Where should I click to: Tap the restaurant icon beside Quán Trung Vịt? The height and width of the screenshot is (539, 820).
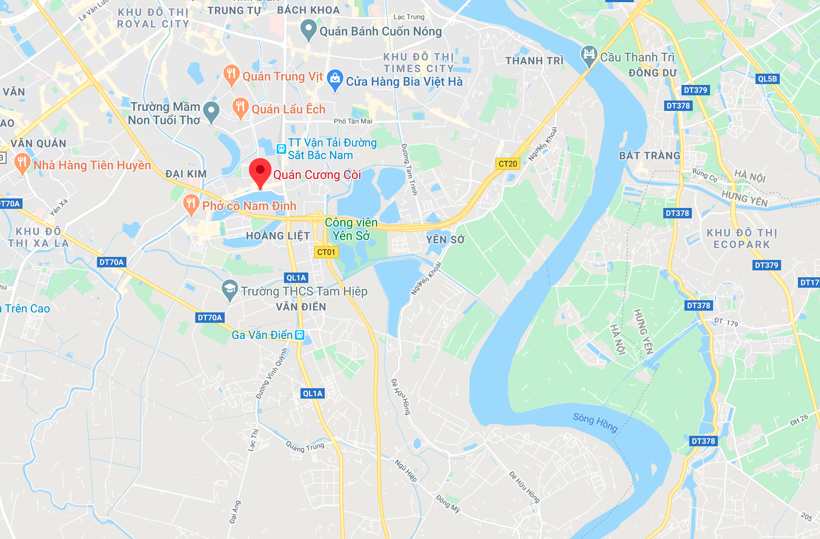pos(231,75)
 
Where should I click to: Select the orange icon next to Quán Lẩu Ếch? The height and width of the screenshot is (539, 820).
pos(240,107)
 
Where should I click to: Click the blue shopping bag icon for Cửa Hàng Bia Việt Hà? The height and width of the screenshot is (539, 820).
pos(335,79)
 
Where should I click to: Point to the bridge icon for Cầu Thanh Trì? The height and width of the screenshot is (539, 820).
pos(589,55)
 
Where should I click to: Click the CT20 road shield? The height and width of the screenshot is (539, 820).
pos(507,164)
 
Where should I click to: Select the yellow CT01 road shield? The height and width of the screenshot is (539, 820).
pos(326,252)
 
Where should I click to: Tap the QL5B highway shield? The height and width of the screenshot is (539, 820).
pos(767,79)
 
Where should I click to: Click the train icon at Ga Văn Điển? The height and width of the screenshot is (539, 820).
pos(300,335)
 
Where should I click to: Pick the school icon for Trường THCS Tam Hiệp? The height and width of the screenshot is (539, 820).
pos(229,289)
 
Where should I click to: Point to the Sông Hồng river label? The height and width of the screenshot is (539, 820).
pos(595,422)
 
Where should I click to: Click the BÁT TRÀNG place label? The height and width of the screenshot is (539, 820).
pos(649,156)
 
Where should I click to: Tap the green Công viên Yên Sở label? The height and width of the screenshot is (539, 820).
pos(351,229)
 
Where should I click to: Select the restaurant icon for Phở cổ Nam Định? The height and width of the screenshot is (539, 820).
pos(191,204)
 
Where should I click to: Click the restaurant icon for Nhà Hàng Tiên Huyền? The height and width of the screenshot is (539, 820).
pos(22,163)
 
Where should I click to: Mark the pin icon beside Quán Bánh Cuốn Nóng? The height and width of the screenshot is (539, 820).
pos(308,29)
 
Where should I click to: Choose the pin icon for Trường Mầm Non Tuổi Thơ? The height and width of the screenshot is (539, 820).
pos(211,111)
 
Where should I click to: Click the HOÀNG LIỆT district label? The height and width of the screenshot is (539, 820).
pos(278,236)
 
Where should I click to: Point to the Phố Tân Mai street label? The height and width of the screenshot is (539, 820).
pos(353,121)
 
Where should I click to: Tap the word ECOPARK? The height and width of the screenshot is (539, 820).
pos(742,245)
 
